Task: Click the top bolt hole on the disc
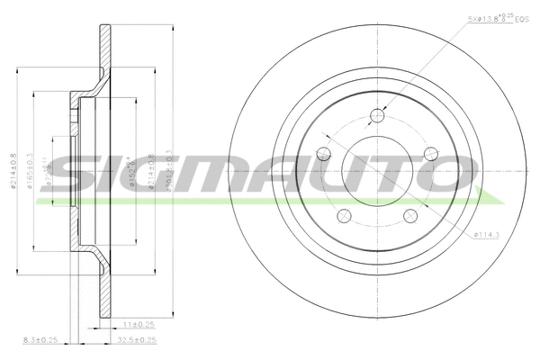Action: click(x=377, y=115)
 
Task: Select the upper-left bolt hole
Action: click(x=325, y=154)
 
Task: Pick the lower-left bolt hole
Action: click(x=343, y=215)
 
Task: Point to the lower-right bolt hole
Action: click(x=410, y=215)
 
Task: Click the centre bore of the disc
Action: click(x=377, y=171)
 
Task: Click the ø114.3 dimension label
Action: click(x=487, y=236)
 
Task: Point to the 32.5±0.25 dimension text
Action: click(x=138, y=340)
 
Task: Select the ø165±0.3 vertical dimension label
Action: click(x=31, y=171)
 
